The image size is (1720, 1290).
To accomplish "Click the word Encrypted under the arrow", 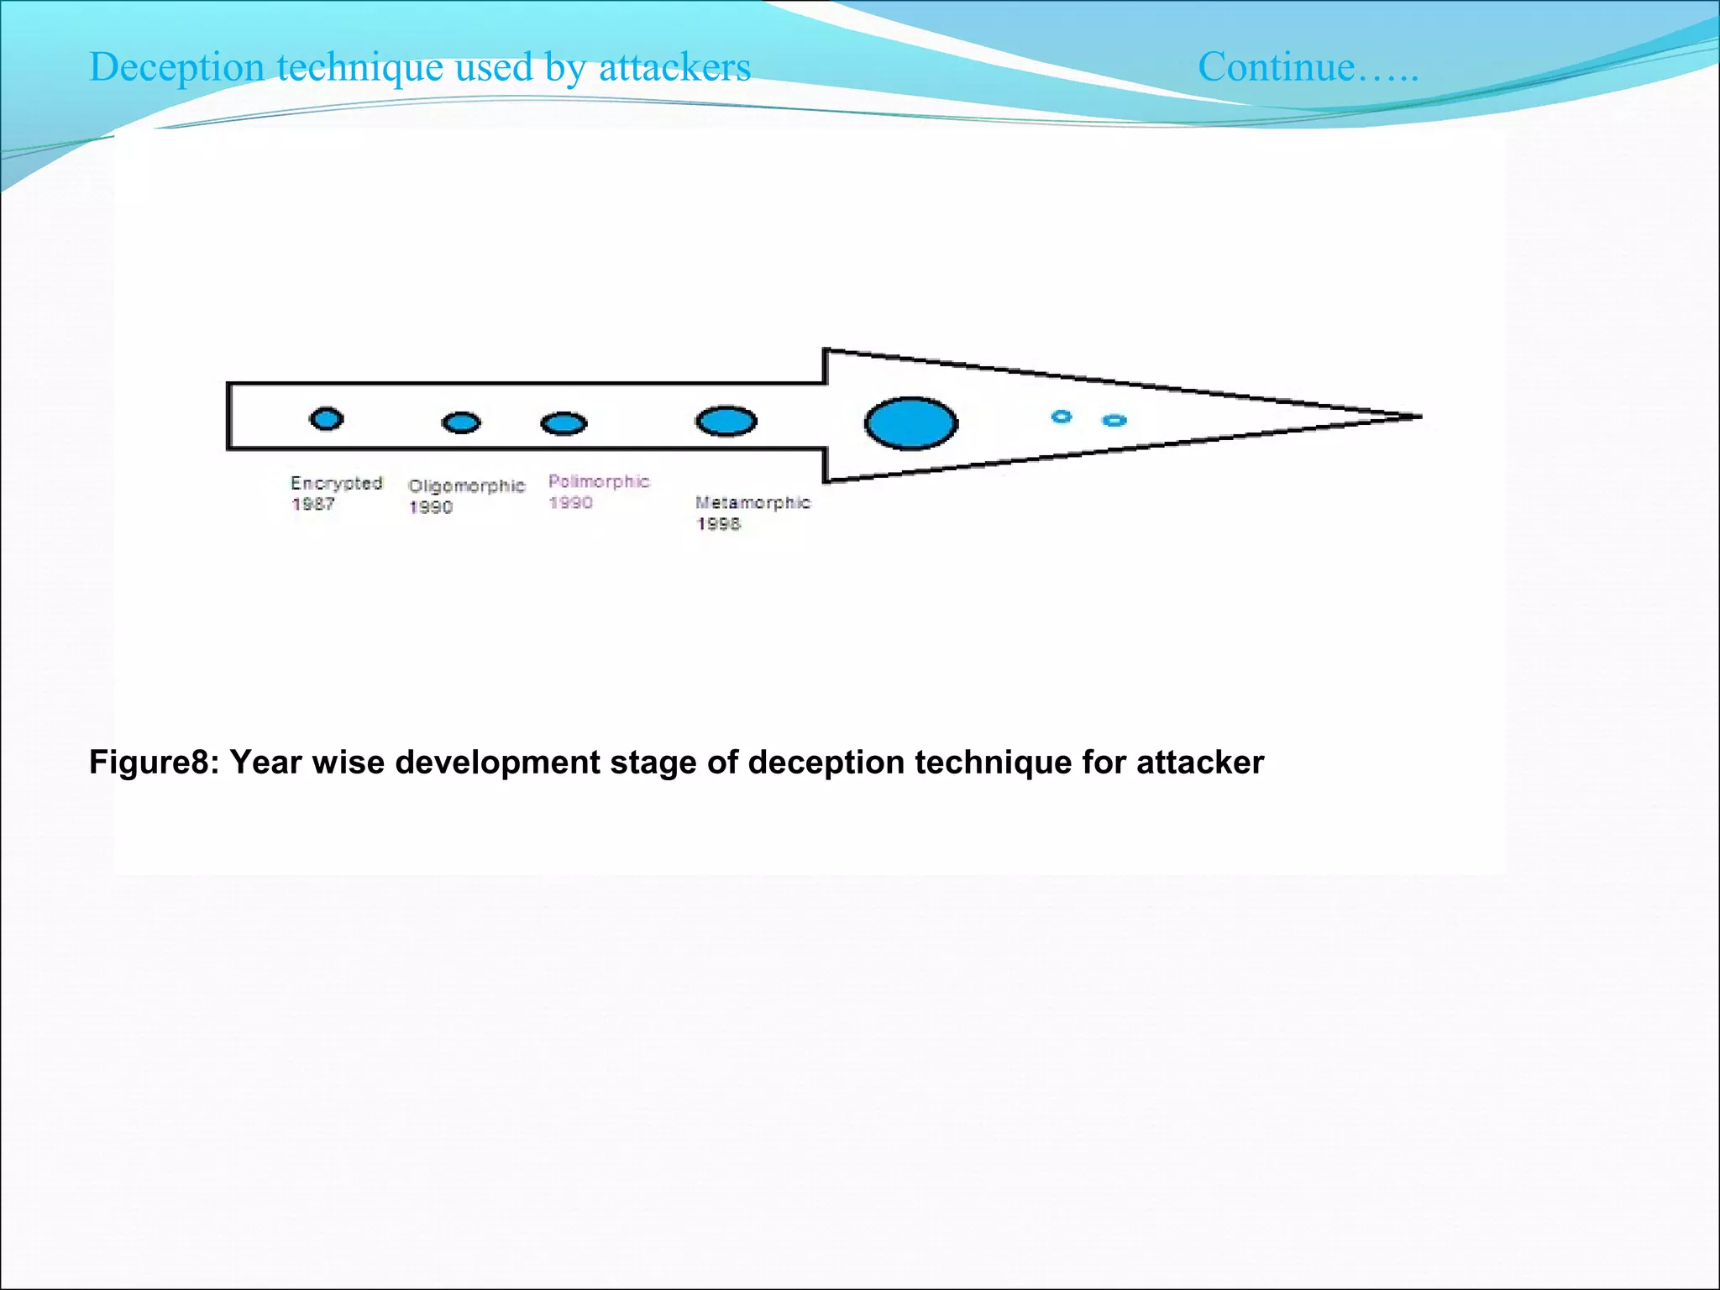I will (336, 483).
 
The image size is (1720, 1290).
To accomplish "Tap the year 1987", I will (312, 504).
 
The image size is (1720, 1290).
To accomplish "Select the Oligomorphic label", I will (466, 485).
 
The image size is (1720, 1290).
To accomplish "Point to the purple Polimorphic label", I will (599, 481).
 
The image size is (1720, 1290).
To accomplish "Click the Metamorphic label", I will (752, 502).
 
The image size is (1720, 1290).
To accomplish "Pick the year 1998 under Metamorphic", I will (718, 524).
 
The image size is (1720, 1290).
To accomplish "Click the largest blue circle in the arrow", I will (911, 423).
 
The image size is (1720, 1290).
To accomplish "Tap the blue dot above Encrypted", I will (326, 418).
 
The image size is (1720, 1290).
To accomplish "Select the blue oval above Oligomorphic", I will (461, 422).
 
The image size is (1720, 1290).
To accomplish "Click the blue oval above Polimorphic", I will (564, 423).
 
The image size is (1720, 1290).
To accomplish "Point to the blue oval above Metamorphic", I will (726, 421).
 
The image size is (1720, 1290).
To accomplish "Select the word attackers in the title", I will (674, 67).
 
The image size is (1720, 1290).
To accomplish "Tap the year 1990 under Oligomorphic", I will (430, 507).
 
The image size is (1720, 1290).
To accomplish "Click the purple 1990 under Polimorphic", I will (570, 503).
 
